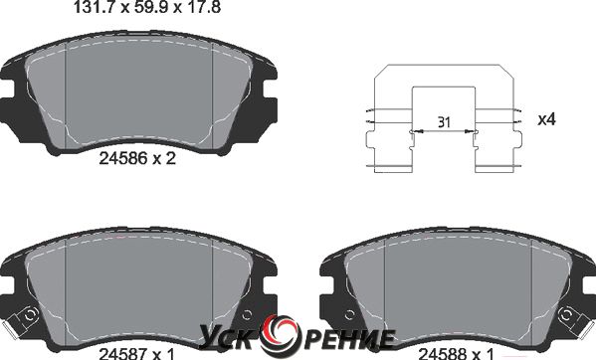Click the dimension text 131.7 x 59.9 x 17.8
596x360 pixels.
[x=147, y=7]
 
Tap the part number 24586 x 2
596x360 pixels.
[x=137, y=158]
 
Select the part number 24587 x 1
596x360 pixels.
[x=137, y=354]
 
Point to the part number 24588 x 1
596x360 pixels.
[x=457, y=354]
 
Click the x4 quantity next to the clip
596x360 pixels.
[x=546, y=119]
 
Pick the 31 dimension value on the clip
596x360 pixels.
[x=444, y=122]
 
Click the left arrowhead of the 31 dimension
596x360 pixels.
[x=418, y=131]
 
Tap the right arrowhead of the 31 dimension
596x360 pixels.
[x=470, y=131]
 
